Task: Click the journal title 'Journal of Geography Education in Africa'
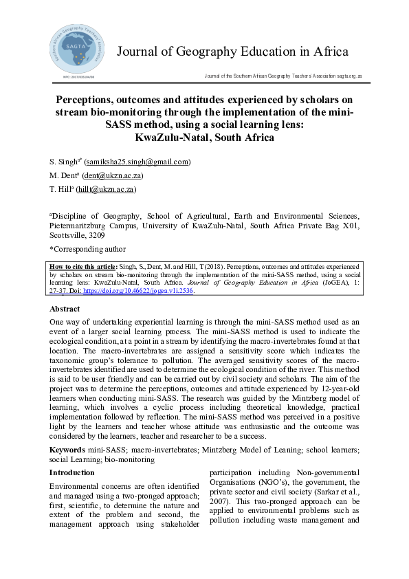pos(232,52)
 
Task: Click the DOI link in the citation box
pos(137,291)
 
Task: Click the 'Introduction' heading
pos(72,472)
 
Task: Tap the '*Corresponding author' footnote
pos(87,249)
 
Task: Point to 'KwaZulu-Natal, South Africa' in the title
pos(205,138)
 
